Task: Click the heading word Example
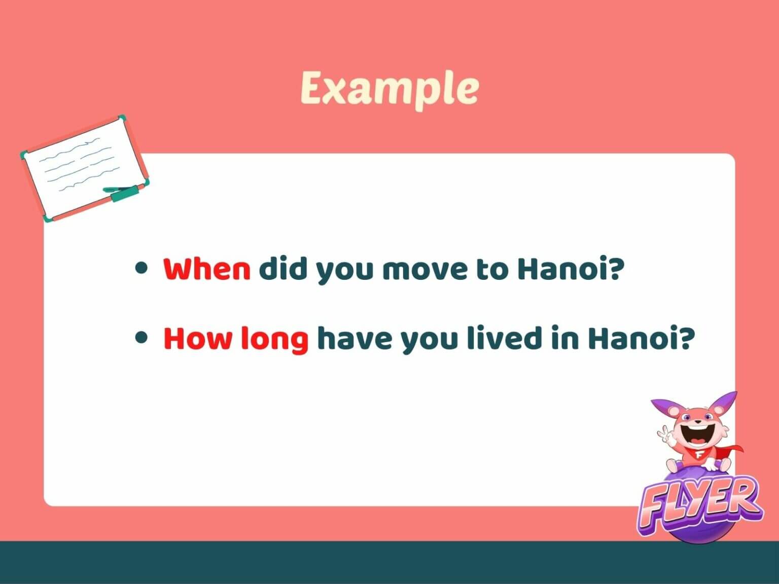click(x=389, y=88)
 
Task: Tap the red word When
click(x=207, y=269)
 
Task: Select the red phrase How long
click(x=236, y=338)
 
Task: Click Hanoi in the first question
click(x=569, y=269)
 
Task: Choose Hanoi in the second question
click(x=641, y=338)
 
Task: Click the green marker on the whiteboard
click(x=124, y=193)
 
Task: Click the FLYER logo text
click(x=700, y=502)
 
